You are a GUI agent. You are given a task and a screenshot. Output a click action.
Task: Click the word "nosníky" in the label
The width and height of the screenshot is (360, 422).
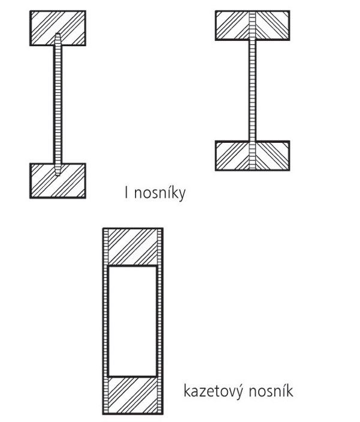point(160,193)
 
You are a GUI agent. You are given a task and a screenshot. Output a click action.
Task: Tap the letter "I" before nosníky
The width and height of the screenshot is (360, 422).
point(127,193)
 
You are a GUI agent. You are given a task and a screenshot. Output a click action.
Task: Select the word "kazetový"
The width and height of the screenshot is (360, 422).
point(212,391)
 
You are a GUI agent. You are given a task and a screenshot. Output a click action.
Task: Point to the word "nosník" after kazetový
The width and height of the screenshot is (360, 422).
point(271,390)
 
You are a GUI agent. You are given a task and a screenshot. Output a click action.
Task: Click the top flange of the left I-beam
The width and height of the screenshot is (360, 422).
point(58,28)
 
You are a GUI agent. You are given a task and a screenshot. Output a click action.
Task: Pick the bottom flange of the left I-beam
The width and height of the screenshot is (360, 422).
point(58,181)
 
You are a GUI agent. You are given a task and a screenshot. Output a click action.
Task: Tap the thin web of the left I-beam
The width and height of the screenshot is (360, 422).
point(58,104)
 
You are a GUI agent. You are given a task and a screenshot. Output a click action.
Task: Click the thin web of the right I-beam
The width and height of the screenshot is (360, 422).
point(252,91)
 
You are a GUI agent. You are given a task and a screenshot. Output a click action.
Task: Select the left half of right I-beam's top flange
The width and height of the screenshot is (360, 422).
point(232,25)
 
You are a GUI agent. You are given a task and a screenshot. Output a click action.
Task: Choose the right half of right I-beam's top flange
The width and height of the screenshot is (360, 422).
point(272,25)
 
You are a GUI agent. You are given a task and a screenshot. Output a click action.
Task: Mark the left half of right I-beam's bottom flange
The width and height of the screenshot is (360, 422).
point(232,155)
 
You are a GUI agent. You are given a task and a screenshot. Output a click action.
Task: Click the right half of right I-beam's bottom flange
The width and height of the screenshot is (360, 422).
point(272,155)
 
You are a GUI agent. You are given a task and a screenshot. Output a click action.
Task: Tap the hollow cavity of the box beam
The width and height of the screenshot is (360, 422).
point(133,321)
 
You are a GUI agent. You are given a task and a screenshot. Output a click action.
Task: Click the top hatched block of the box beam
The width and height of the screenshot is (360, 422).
point(133,247)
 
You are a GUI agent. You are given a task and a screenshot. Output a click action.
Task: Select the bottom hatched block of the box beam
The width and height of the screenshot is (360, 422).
point(133,395)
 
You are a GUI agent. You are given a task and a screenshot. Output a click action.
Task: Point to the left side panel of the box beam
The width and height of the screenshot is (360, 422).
point(106,321)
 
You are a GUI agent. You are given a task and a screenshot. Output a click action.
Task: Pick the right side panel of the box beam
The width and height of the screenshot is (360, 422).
point(160,321)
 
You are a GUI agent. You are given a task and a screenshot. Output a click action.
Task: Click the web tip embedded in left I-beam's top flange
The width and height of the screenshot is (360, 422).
point(58,39)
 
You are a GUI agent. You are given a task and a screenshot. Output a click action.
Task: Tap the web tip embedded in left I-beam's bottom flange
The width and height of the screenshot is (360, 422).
point(58,169)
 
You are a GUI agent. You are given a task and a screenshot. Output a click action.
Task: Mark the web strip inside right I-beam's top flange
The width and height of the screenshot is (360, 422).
point(253,25)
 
